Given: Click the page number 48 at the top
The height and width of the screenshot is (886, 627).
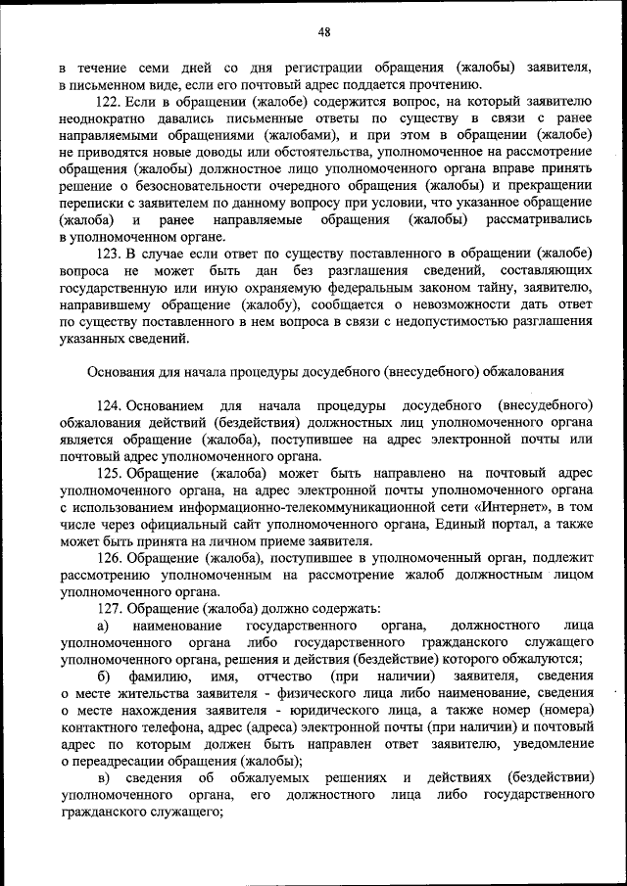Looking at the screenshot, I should [323, 31].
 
